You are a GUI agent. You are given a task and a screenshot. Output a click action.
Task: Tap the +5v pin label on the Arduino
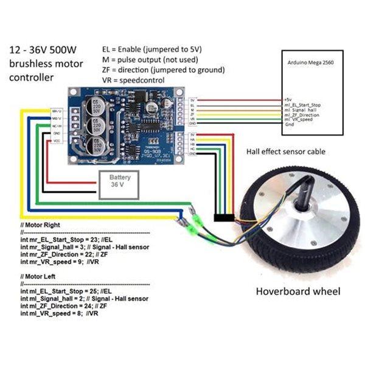[x=288, y=99]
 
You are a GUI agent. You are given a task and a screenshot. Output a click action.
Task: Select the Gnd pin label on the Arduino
[x=289, y=124]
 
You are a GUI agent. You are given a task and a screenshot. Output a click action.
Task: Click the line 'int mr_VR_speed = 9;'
[x=58, y=262]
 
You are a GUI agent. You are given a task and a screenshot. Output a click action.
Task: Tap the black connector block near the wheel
[x=223, y=217]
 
